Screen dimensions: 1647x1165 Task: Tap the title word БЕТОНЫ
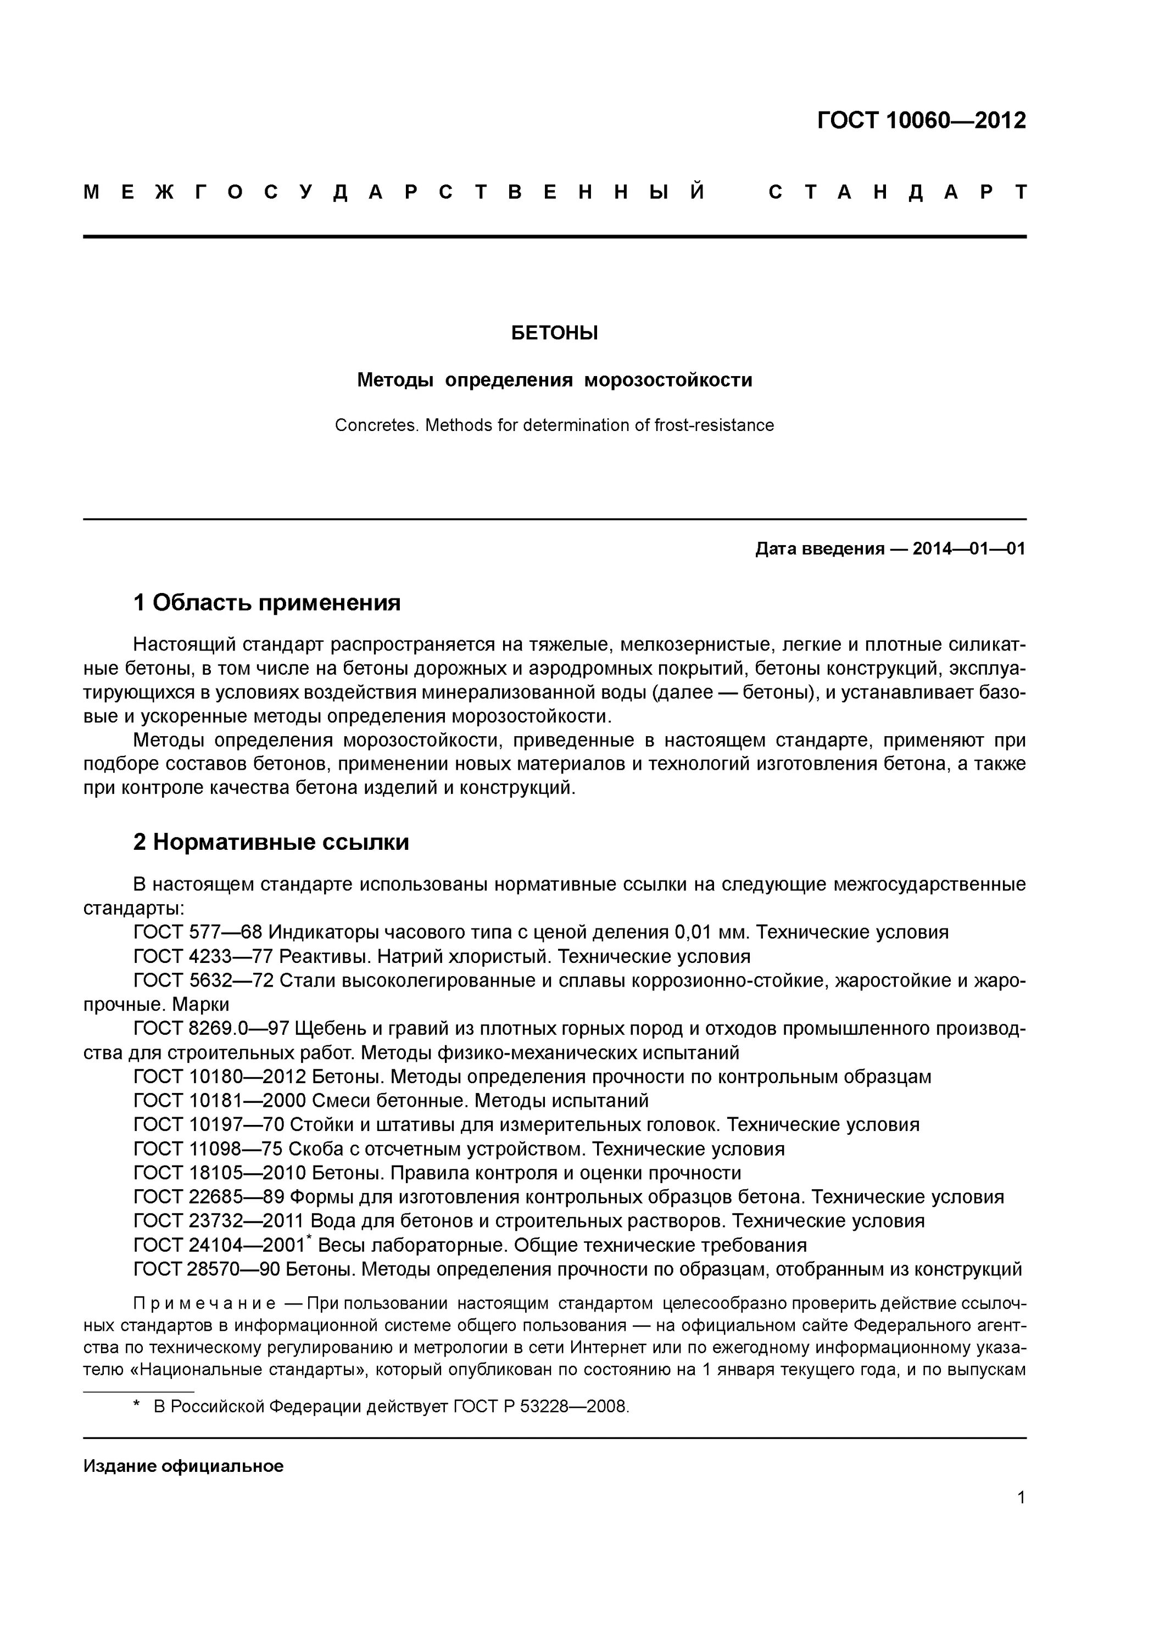pos(554,333)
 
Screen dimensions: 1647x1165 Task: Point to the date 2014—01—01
pos(968,549)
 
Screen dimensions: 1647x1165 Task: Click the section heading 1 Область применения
pos(266,603)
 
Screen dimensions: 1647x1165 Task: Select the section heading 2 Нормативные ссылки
pos(271,842)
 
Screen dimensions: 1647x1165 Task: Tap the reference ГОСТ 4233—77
pos(204,957)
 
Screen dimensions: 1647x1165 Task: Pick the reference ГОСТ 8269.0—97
pos(211,1029)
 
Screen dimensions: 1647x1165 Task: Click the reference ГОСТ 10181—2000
pos(220,1100)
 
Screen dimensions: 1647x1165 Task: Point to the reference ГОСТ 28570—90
pos(207,1269)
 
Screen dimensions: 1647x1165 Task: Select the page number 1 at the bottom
pos(1021,1497)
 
